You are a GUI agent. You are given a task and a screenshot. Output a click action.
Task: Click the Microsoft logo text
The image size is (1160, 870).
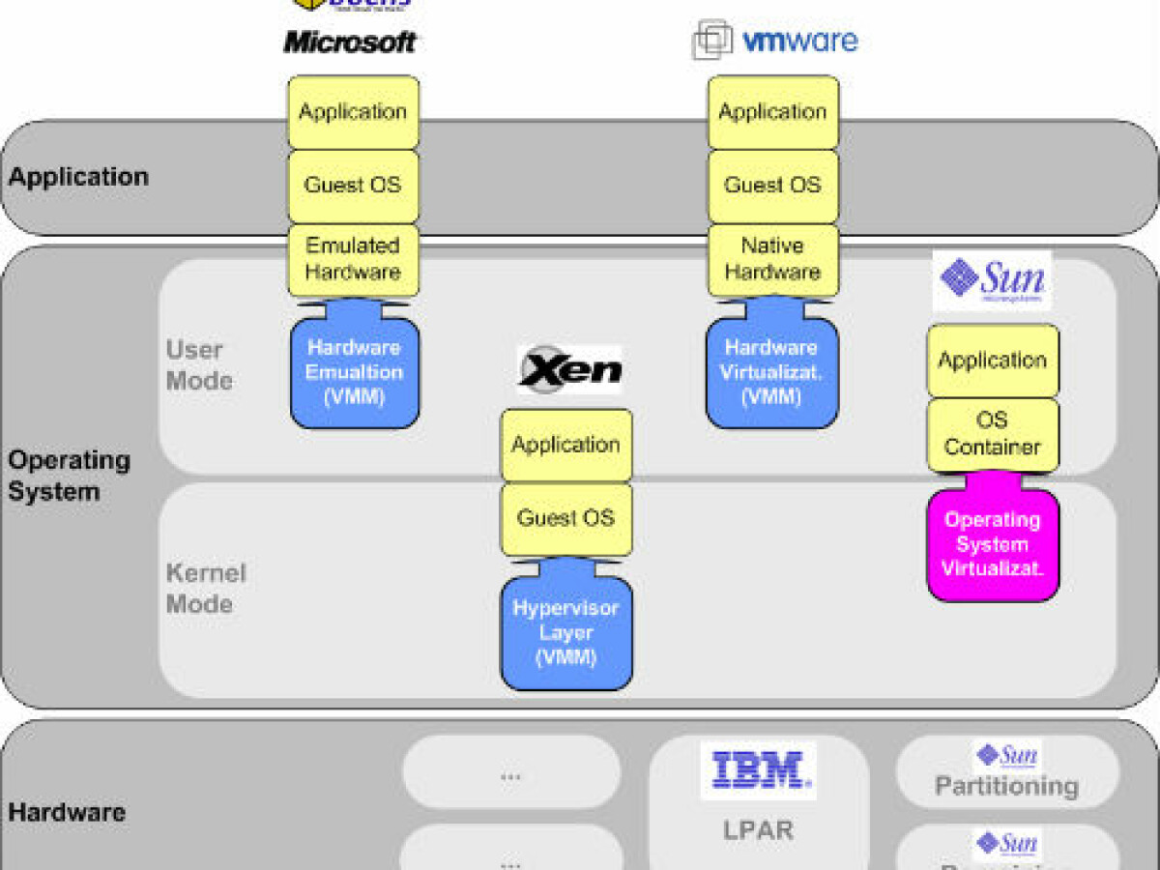click(x=350, y=43)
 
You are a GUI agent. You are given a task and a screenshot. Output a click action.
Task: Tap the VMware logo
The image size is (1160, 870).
click(x=775, y=41)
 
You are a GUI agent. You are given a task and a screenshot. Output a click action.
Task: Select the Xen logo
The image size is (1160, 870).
click(x=568, y=369)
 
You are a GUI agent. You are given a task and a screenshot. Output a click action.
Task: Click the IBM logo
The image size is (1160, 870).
click(x=759, y=770)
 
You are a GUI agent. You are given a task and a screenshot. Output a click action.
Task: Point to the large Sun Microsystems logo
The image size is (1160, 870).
click(x=993, y=280)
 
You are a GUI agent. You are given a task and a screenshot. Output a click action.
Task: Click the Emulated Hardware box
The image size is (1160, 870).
click(x=353, y=259)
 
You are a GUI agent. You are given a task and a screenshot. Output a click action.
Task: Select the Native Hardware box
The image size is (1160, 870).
click(x=772, y=259)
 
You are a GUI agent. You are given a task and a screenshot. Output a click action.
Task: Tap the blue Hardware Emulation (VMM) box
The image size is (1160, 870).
click(x=355, y=373)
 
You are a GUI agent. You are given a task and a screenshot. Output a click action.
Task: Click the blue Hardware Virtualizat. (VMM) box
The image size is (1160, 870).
click(x=771, y=373)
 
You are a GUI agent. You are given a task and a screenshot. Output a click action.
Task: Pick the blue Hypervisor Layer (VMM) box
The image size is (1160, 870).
click(x=565, y=634)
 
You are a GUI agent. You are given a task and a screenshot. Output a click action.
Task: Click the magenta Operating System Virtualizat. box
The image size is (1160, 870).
click(x=993, y=545)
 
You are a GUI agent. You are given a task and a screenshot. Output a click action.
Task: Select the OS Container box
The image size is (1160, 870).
click(x=993, y=434)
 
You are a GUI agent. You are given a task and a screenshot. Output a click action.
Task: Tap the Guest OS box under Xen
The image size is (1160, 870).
click(x=565, y=518)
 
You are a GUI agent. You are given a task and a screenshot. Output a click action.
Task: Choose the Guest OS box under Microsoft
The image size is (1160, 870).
click(x=353, y=186)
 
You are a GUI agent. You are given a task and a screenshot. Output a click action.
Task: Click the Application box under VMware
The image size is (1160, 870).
click(x=772, y=112)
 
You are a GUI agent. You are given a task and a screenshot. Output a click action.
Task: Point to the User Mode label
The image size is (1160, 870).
click(x=199, y=365)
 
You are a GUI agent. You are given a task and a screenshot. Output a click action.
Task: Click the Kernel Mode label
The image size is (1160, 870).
click(x=205, y=588)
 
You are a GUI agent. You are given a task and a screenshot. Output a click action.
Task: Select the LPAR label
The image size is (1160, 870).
click(x=758, y=828)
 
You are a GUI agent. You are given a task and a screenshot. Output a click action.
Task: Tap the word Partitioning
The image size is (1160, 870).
click(x=1006, y=786)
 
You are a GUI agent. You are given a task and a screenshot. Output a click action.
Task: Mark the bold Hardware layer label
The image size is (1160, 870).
click(x=67, y=812)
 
